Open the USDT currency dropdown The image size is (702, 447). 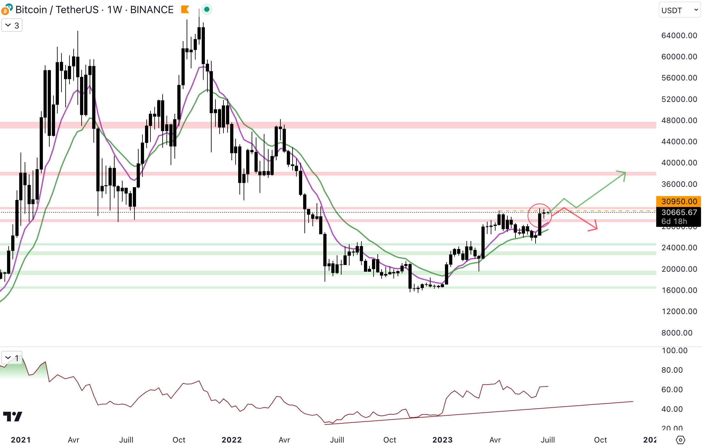[x=679, y=10]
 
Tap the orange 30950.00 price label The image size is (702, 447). [x=679, y=201]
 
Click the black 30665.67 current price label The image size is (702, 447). [x=679, y=212]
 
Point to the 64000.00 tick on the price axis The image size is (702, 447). [x=679, y=36]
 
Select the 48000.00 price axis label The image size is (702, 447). [x=679, y=120]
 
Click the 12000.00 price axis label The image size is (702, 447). [x=679, y=311]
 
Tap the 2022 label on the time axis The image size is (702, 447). [x=231, y=440]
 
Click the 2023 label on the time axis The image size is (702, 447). [x=442, y=440]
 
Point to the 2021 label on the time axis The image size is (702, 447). [x=21, y=440]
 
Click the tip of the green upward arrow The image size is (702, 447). [x=625, y=173]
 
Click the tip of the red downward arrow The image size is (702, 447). [x=597, y=228]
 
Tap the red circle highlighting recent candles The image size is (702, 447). [x=540, y=215]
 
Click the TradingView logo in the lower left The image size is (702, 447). [x=13, y=417]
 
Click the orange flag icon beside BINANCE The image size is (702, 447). [x=185, y=10]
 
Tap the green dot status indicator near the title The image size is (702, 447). [x=207, y=10]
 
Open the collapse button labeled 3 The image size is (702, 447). [x=12, y=25]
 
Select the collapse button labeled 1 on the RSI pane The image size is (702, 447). [x=12, y=358]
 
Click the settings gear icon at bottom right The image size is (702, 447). [x=681, y=440]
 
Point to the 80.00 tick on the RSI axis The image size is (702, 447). [x=672, y=370]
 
